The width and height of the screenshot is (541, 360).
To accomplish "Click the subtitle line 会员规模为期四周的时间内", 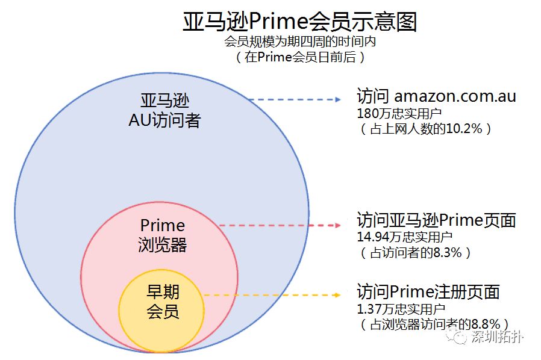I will (299, 42).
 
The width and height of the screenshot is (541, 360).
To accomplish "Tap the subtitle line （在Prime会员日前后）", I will (299, 57).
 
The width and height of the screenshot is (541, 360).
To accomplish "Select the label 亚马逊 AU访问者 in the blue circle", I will (164, 110).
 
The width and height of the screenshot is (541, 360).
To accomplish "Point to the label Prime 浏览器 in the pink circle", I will (162, 235).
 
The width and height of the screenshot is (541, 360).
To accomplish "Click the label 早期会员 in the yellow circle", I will (163, 302).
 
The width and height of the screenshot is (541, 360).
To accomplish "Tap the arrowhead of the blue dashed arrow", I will (336, 99).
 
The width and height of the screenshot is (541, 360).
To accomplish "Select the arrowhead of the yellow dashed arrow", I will (336, 295).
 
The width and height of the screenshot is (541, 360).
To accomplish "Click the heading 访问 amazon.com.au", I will (436, 96).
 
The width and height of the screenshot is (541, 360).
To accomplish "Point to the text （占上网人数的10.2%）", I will (424, 128).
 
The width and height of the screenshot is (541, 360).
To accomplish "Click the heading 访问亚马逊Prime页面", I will (436, 220).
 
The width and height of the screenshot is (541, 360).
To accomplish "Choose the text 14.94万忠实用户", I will (404, 237).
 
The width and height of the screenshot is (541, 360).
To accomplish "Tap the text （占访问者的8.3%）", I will (415, 252).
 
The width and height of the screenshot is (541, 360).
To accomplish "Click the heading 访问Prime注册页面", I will (428, 292).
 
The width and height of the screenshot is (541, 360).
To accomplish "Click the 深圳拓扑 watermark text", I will (498, 337).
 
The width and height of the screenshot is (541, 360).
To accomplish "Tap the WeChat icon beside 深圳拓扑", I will (460, 337).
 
